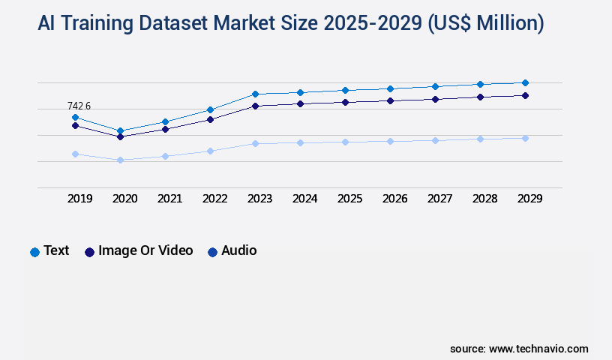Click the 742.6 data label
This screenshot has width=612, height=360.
click(79, 106)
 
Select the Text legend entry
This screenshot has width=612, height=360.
click(49, 250)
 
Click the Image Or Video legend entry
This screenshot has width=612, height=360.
click(139, 250)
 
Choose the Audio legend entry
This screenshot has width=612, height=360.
click(232, 250)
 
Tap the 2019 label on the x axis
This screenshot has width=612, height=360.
click(79, 199)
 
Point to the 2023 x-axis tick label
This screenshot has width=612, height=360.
click(259, 199)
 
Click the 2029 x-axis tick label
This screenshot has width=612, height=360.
click(529, 199)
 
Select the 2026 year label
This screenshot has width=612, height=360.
click(394, 199)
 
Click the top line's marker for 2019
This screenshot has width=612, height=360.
click(75, 117)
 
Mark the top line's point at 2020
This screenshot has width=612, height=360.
click(120, 130)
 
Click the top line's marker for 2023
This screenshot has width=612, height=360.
click(255, 94)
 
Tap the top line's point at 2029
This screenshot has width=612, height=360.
click(525, 82)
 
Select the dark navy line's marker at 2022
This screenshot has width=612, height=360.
click(210, 119)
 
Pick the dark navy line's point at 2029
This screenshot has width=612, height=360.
click(525, 95)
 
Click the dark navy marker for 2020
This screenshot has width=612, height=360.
click(120, 136)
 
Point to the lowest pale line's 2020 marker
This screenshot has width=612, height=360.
click(120, 160)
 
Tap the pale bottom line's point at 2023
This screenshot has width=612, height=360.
click(255, 143)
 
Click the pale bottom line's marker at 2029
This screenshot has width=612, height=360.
click(525, 138)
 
